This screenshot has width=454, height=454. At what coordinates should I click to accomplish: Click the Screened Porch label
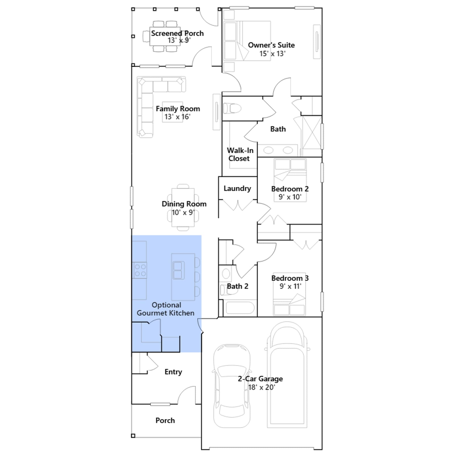[x=177, y=33]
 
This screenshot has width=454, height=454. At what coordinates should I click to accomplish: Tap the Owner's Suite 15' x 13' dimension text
[x=272, y=54]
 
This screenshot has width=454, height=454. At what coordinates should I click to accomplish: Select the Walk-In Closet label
[x=240, y=154]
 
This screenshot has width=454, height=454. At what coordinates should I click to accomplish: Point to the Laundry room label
[x=237, y=189]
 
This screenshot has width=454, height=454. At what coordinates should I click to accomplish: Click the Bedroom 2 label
[x=290, y=189]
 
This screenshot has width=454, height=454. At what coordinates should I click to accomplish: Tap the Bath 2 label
[x=237, y=286]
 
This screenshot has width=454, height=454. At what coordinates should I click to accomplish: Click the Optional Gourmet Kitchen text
[x=166, y=309]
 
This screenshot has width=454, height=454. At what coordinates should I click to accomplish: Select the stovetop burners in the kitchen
[x=140, y=270]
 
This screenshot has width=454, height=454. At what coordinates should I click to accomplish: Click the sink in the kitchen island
[x=178, y=270]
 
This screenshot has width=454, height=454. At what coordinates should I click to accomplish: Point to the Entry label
[x=173, y=372]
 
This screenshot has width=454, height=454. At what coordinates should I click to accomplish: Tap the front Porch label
[x=165, y=421]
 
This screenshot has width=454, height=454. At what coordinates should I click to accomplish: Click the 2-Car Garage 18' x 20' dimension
[x=262, y=387]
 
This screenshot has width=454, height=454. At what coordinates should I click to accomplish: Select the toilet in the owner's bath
[x=232, y=108]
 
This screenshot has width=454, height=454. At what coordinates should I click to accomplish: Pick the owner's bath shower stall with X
[x=312, y=136]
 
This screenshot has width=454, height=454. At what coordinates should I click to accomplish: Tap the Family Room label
[x=178, y=109]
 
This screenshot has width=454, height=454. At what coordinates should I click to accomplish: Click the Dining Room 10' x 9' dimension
[x=183, y=213]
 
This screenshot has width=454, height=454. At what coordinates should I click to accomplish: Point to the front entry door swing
[x=187, y=392]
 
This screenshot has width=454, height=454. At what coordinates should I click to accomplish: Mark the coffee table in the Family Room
[x=173, y=112]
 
